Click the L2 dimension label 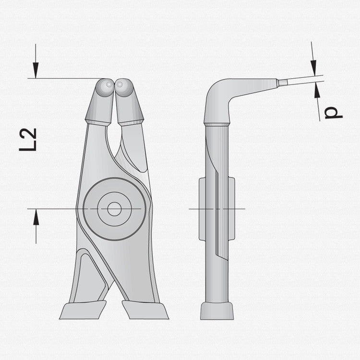28,140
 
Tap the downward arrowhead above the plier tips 36,70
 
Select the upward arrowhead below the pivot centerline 36,217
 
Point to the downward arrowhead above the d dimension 313,68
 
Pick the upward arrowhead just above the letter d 317,90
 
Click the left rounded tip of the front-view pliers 105,87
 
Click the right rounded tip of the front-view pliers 124,87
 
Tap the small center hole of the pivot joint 114,209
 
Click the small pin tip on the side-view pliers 282,83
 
